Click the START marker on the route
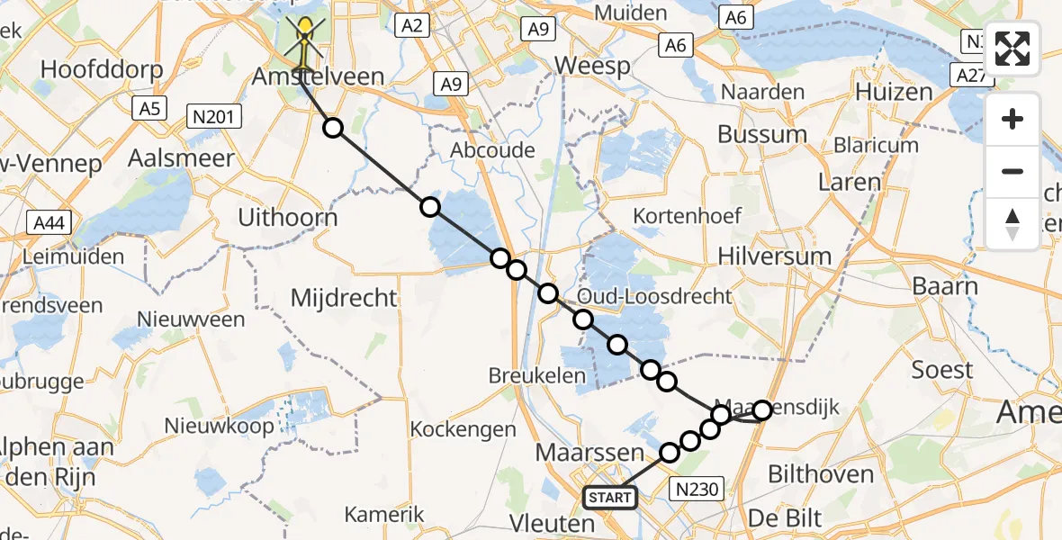[610, 497]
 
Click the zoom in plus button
[1012, 120]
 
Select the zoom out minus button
[1012, 171]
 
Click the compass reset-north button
[1012, 224]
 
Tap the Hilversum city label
[774, 256]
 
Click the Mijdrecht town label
[345, 298]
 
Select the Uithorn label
[287, 218]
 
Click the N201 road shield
[213, 115]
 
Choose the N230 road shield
[697, 489]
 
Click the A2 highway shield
[412, 25]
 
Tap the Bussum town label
[761, 135]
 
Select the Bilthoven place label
[821, 473]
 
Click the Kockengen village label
[463, 429]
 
